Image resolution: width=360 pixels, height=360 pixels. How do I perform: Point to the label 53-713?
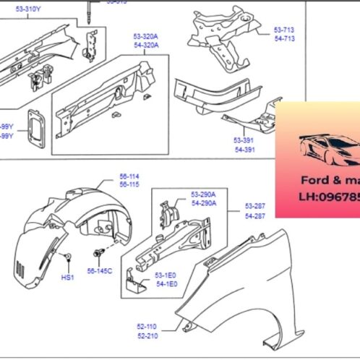click(284, 30)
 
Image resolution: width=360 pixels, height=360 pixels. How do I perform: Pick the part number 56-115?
click(109, 185)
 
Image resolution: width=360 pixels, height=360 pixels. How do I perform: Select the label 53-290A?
click(204, 194)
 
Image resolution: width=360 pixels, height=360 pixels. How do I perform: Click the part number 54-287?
click(255, 216)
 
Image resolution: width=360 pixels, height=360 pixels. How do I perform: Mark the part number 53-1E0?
click(166, 276)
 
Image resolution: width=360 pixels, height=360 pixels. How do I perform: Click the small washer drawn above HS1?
click(67, 257)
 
